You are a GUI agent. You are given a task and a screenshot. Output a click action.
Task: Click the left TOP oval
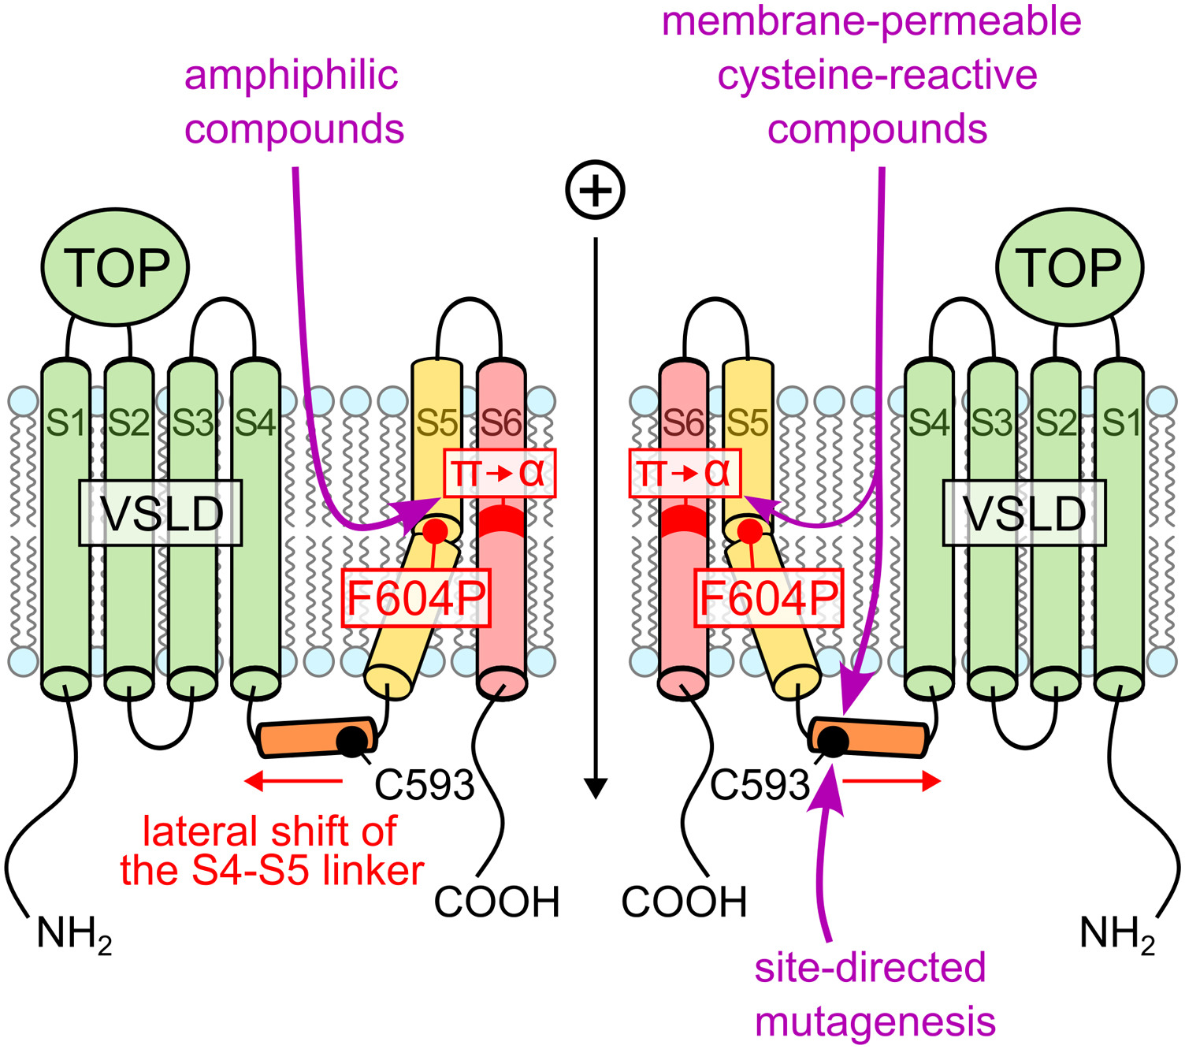[x=115, y=266]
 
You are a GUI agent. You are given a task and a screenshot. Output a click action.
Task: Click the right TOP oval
[x=1069, y=266]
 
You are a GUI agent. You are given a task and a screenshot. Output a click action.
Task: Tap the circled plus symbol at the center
[x=596, y=191]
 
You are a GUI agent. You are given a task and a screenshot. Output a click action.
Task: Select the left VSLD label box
[x=161, y=513]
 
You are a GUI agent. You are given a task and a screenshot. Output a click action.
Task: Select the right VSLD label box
[x=1024, y=513]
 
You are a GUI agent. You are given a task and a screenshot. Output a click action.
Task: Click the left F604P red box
[x=416, y=598]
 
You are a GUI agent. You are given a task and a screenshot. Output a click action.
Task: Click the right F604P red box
[x=768, y=598]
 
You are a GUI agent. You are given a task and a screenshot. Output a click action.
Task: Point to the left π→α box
[x=500, y=473]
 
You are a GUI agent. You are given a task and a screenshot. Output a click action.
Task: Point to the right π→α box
[x=685, y=473]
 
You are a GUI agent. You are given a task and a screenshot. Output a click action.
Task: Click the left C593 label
[x=425, y=784]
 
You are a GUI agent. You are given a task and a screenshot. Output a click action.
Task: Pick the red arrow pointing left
[x=293, y=781]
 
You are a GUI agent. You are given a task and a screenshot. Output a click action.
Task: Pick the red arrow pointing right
[x=892, y=781]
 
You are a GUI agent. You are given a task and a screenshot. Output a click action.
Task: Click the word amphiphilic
[x=292, y=76]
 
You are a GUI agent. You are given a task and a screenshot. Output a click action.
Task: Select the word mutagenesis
[x=875, y=1021]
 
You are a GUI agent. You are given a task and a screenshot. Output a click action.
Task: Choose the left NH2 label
[x=74, y=935]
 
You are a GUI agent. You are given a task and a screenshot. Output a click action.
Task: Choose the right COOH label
[x=684, y=902]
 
